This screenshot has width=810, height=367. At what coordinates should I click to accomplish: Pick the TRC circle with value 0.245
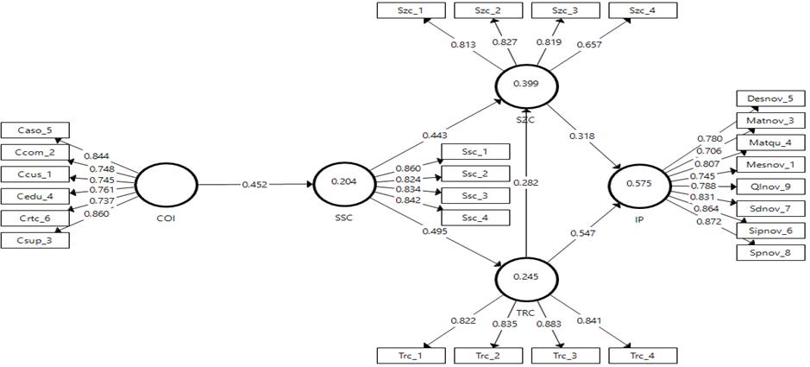coord(524,277)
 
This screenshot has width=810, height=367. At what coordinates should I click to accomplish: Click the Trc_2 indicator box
coord(487,355)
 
